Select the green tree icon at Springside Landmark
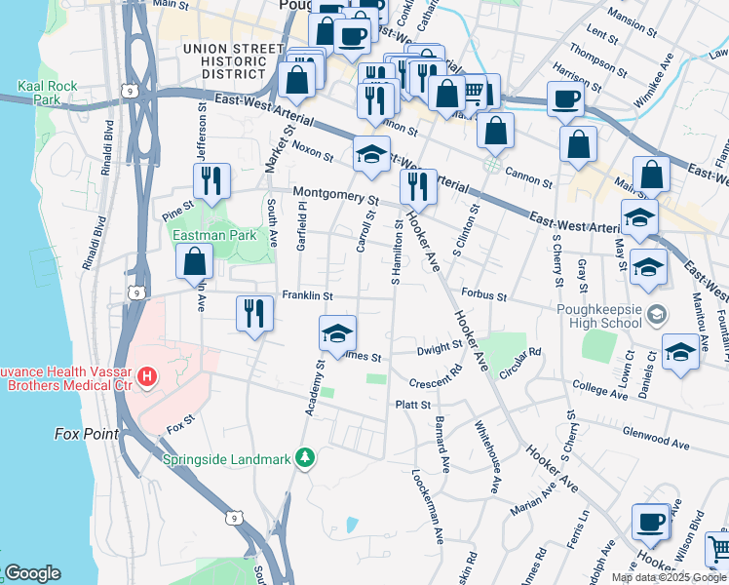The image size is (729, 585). point(305,457)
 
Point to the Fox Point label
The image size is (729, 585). point(86,433)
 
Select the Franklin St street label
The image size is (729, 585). point(307,295)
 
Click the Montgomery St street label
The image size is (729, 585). point(335,195)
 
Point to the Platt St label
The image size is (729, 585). point(412,405)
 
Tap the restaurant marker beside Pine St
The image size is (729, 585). point(211,180)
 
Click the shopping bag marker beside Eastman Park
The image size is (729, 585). point(195,261)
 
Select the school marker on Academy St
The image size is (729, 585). point(337,333)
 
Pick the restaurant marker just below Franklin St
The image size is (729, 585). point(254,313)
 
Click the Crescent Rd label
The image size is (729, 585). point(436,378)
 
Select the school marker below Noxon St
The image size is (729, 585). point(370,156)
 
